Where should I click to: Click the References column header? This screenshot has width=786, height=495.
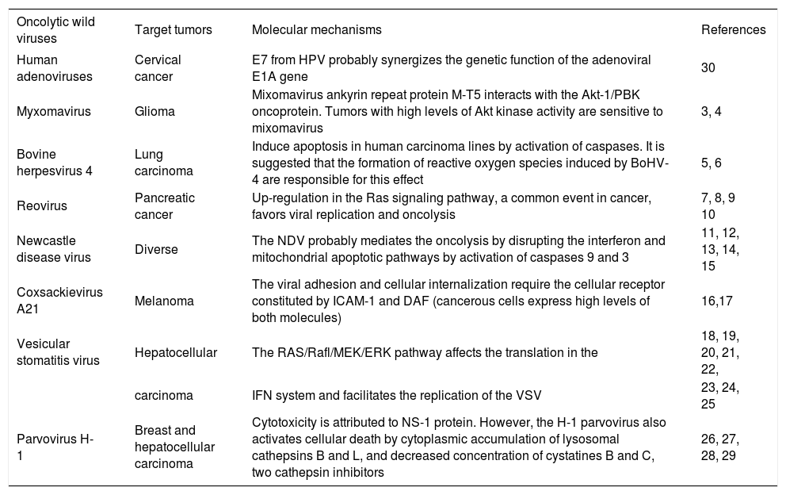[x=733, y=30]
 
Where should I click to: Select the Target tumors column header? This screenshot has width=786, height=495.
[x=173, y=30]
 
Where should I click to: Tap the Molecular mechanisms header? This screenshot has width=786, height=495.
[x=316, y=30]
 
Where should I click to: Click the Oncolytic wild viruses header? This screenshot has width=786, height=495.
[x=55, y=29]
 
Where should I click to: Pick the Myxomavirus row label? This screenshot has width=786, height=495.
[x=53, y=112]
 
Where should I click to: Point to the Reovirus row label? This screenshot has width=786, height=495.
[x=42, y=205]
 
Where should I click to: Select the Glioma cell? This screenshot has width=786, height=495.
[x=153, y=112]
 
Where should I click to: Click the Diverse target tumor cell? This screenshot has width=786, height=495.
[x=156, y=250]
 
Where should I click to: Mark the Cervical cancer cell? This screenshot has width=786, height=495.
[x=158, y=68]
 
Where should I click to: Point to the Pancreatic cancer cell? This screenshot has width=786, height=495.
[x=165, y=205]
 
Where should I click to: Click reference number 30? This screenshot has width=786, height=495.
[x=708, y=68]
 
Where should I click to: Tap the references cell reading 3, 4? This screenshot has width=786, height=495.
[x=712, y=112]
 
